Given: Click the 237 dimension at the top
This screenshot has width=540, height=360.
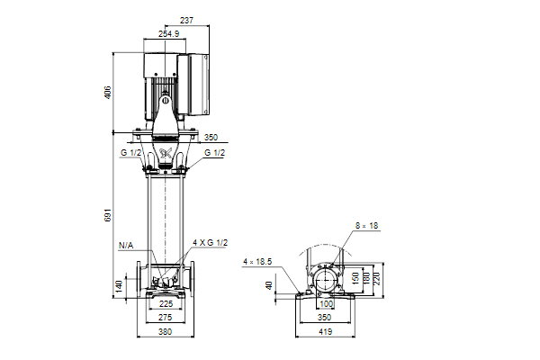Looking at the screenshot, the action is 186,21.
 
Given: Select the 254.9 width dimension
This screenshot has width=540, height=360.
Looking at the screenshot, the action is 168,34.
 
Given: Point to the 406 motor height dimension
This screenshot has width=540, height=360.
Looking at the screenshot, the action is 107,93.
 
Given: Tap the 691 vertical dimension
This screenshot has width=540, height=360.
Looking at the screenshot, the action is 107,215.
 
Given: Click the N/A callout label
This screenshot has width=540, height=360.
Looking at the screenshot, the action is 126,246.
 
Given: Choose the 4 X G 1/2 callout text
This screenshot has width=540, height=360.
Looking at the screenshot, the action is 210,243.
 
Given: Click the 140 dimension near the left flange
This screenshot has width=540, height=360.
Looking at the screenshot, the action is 119,286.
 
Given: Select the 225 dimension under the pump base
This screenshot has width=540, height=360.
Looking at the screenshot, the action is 166,304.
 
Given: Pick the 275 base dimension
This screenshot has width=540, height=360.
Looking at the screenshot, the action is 166,318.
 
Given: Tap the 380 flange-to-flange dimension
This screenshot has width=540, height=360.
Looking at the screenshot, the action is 166,332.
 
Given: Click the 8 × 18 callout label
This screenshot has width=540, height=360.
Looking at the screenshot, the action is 367,226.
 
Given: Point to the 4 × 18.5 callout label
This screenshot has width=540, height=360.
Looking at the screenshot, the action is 257,262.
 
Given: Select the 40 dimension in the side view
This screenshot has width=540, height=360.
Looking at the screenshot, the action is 269,285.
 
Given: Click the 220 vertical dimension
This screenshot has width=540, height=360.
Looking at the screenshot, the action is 376,279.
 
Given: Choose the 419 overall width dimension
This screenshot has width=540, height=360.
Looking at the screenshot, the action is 326,332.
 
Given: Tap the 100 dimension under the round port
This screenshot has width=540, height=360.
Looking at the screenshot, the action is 326,304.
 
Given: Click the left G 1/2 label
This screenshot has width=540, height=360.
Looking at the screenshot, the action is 130,153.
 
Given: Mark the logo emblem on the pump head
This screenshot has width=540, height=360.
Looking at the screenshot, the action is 166,153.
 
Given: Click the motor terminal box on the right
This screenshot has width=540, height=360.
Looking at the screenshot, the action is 193,84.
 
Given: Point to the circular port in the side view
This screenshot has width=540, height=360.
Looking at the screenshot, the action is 326,280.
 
